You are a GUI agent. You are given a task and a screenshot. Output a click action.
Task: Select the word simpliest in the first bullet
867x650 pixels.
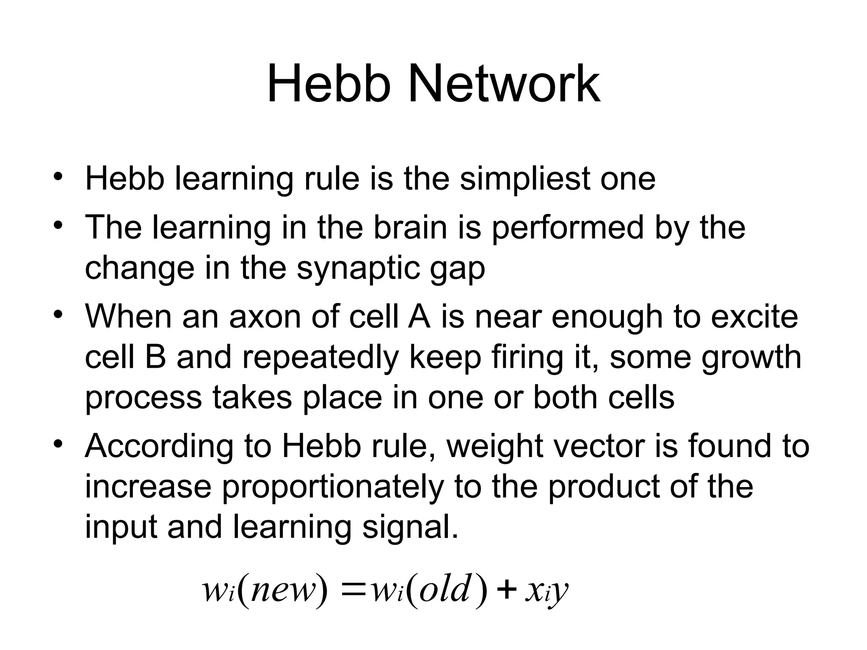(x=524, y=179)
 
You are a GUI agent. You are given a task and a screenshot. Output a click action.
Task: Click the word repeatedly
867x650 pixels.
(x=320, y=358)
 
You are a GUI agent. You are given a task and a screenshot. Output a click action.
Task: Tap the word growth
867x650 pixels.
(x=751, y=358)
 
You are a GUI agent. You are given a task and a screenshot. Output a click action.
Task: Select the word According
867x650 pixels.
(x=159, y=447)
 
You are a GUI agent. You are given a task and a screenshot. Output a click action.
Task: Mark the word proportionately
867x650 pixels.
(x=333, y=487)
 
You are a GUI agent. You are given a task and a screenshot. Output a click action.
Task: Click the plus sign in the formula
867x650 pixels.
(x=507, y=591)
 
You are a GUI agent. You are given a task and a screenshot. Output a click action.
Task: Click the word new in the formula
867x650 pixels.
(x=283, y=591)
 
